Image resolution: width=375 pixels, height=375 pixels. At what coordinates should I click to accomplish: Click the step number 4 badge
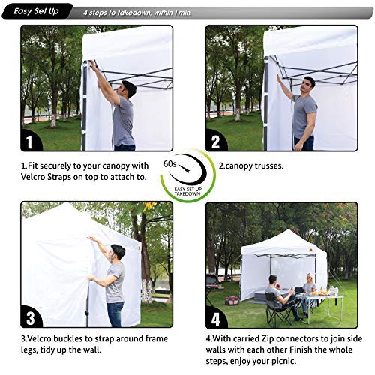pos(216,316)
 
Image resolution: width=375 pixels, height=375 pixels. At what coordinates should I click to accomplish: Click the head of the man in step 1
pos(127,87)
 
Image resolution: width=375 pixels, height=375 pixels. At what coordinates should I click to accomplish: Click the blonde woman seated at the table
pos(308,288)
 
